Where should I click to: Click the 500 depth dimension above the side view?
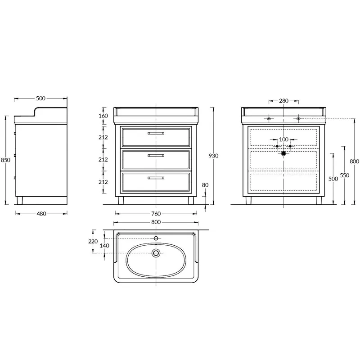coord(40,99)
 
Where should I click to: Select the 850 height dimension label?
coord(5,160)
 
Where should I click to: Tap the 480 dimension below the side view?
coord(41,214)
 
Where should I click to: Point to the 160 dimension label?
coord(103,116)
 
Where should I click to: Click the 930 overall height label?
coord(213,156)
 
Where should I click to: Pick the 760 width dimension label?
coord(156,214)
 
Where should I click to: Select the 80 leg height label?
coord(205,185)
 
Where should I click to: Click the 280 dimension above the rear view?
coord(283,101)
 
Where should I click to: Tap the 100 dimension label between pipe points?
coord(283,139)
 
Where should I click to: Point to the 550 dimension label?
coord(345,175)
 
